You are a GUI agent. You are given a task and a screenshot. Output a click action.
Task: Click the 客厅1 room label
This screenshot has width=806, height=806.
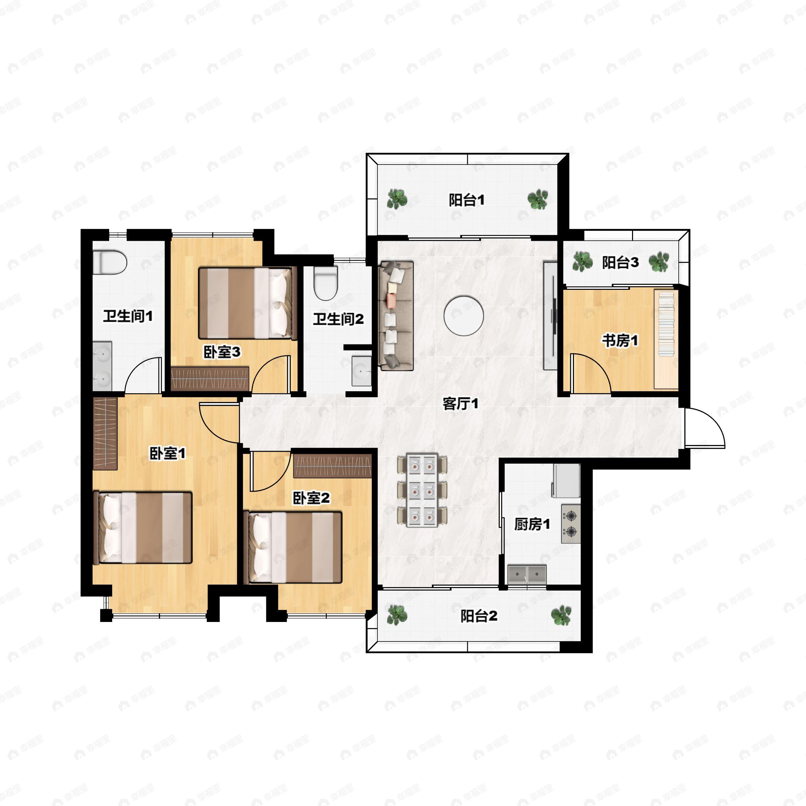460,403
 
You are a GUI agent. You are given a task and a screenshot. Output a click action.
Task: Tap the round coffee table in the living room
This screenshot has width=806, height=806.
463,316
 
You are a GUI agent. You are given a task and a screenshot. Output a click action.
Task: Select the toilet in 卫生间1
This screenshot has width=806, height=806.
109,262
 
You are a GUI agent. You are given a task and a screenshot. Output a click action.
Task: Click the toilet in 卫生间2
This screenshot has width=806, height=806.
325,283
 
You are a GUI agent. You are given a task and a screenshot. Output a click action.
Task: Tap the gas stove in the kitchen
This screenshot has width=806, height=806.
571,524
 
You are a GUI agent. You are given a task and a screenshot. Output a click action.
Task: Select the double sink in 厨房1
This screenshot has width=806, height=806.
527,575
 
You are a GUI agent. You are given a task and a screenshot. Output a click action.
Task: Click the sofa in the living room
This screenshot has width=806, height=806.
396,316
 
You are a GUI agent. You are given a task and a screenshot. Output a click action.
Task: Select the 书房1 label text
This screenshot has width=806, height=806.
620,341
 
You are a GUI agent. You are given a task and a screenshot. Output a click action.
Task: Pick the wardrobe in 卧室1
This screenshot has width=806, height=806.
105,434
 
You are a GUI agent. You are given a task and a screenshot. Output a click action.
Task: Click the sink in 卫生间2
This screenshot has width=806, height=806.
361,371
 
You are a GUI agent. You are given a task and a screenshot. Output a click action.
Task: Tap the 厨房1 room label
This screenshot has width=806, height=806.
532,524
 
